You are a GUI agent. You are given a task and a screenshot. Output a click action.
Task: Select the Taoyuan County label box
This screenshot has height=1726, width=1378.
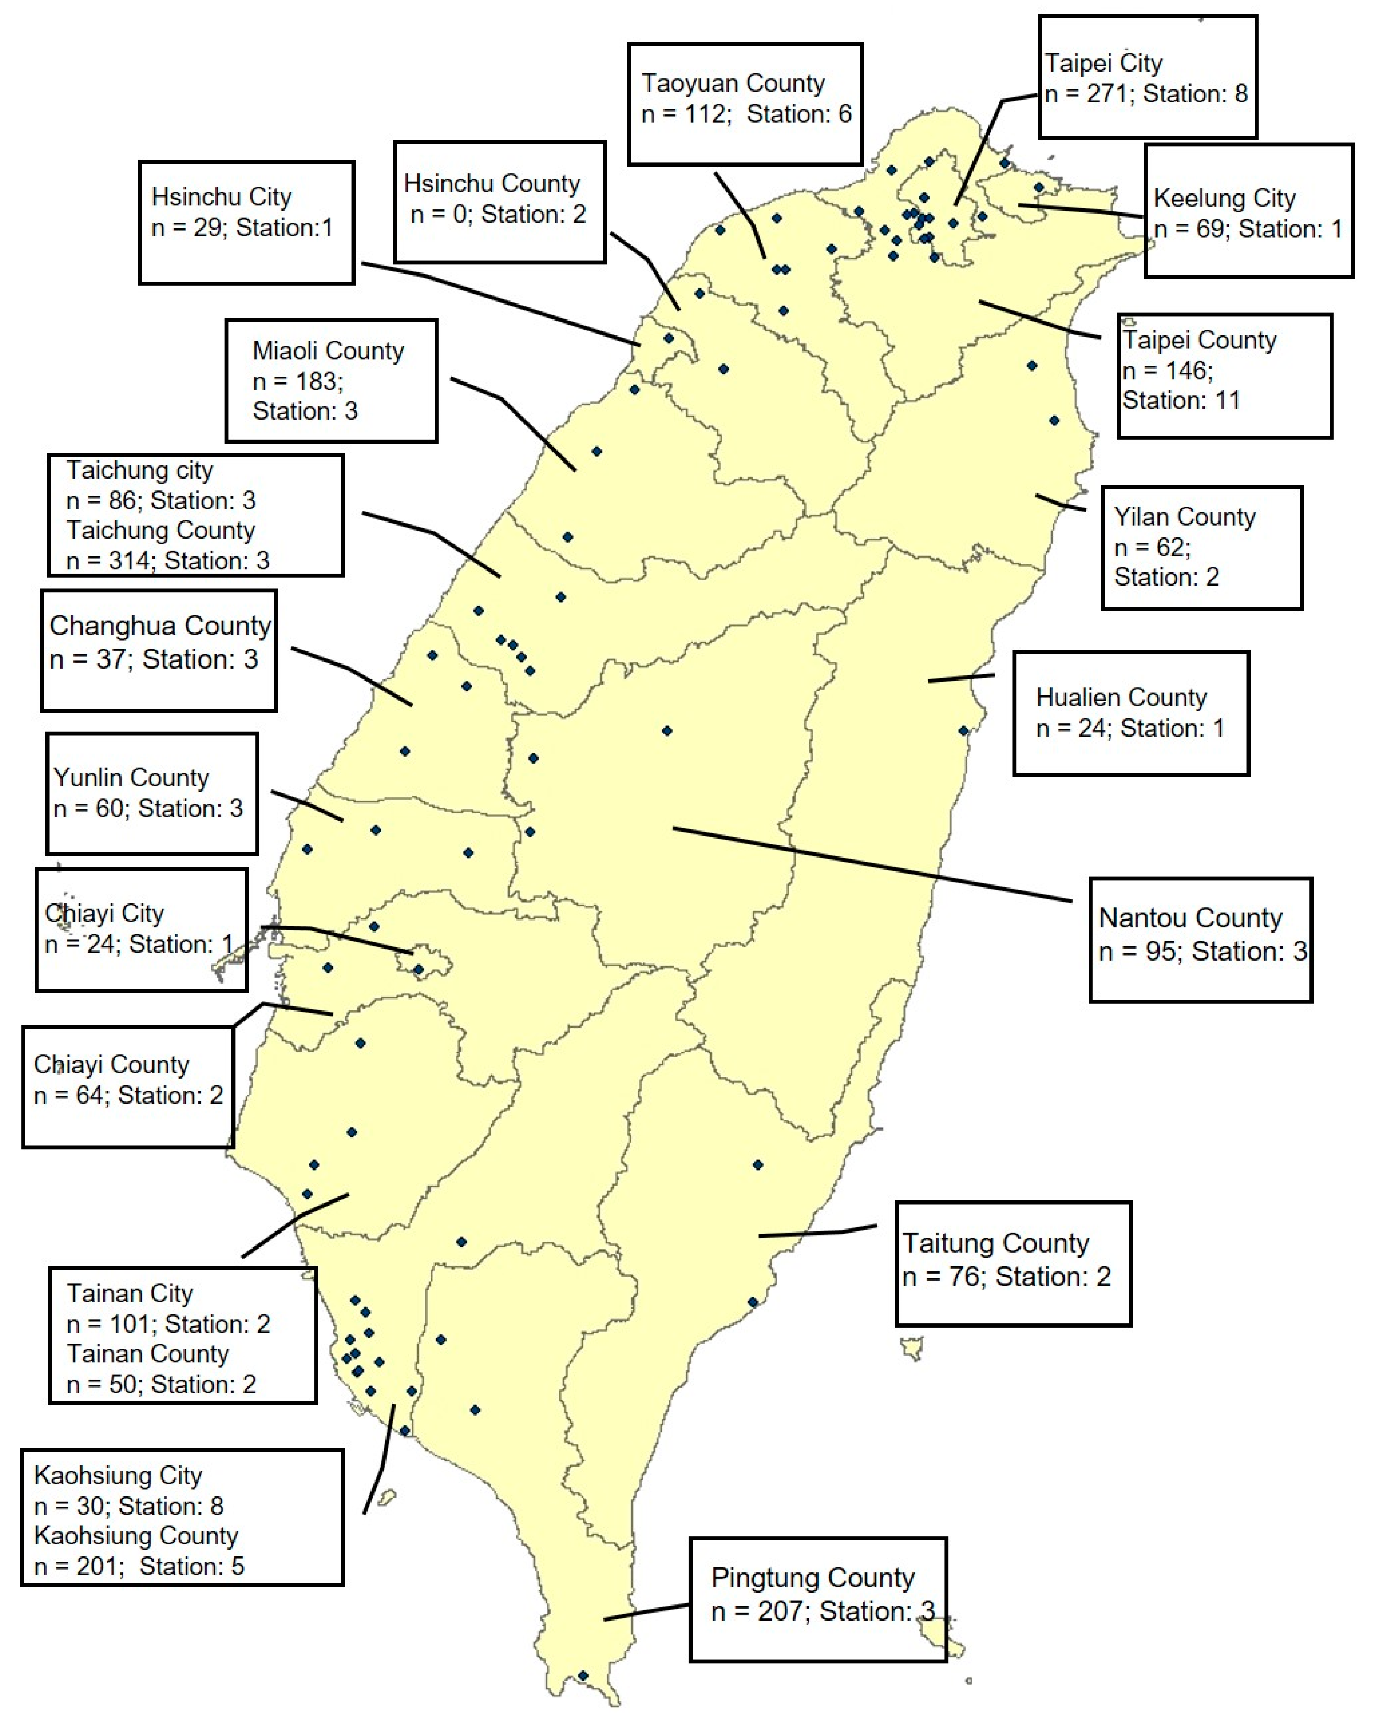tap(745, 104)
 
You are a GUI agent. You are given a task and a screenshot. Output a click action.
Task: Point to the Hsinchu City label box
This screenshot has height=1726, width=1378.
tap(246, 222)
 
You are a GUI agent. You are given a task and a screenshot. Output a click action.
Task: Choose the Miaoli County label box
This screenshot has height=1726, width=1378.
tap(331, 380)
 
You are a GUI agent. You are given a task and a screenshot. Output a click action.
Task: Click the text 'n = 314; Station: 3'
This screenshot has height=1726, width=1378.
tap(167, 561)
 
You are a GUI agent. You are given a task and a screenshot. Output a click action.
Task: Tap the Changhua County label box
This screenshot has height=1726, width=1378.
tap(158, 650)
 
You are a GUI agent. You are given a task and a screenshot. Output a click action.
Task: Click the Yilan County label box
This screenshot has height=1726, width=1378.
tap(1201, 548)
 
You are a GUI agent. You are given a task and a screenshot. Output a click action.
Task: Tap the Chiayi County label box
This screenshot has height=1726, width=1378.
tap(128, 1086)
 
